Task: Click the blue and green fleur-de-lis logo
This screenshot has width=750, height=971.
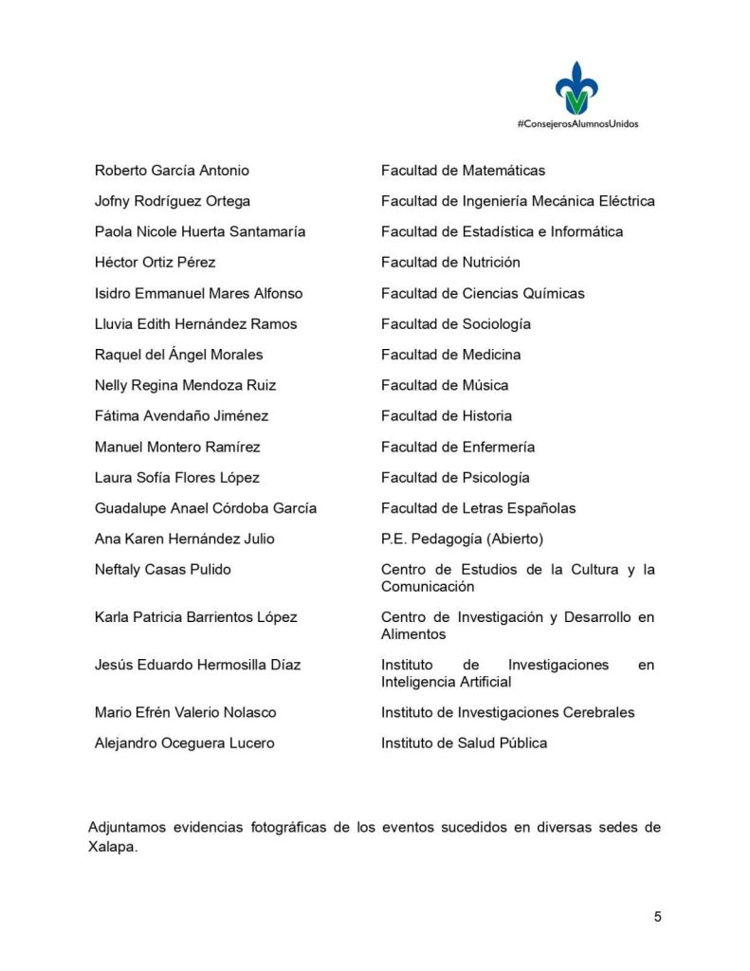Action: (x=576, y=88)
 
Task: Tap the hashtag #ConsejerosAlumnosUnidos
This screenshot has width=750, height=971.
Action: (x=576, y=123)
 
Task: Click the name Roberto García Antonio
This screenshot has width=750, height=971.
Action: (x=172, y=171)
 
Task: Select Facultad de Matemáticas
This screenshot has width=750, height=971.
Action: (x=463, y=171)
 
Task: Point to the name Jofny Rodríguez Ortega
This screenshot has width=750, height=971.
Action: (x=173, y=201)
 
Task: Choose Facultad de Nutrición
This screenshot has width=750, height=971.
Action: (x=450, y=263)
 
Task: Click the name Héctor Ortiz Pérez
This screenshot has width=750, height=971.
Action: (x=155, y=263)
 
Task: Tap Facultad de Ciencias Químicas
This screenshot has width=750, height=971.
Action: (x=483, y=293)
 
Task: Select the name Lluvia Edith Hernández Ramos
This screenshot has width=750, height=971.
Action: (x=195, y=324)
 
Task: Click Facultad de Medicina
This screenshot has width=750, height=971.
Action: (x=450, y=355)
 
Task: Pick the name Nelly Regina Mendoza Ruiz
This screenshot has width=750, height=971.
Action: (x=186, y=385)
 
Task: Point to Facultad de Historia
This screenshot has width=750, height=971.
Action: (x=446, y=415)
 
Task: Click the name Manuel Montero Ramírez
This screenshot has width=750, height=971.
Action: (x=177, y=447)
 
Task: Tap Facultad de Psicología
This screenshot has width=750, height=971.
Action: (x=455, y=477)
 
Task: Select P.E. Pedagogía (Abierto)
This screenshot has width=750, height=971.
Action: (x=462, y=539)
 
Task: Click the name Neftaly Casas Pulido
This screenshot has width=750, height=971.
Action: (x=162, y=569)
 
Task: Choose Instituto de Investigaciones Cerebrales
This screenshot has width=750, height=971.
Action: (x=507, y=712)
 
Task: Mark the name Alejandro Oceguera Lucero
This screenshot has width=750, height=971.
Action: (x=184, y=743)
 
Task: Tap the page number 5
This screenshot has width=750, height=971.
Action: (x=657, y=916)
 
